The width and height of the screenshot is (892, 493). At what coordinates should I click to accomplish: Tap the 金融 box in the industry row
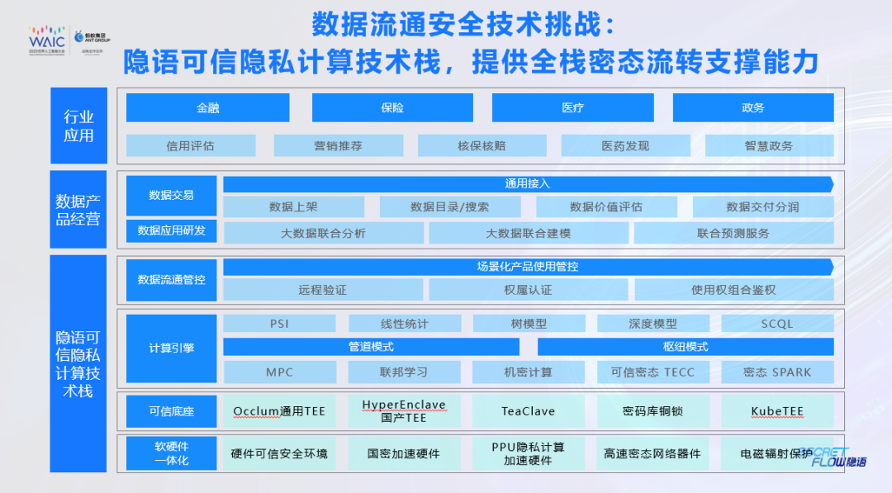(x=207, y=108)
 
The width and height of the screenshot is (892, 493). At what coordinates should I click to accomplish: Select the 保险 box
(x=392, y=108)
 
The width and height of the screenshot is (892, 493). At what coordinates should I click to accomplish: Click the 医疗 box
(x=572, y=108)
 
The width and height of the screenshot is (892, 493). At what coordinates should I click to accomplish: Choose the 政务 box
(x=752, y=108)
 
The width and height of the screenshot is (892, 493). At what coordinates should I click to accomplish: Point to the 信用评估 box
(x=190, y=146)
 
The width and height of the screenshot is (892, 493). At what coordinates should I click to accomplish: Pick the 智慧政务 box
(x=768, y=146)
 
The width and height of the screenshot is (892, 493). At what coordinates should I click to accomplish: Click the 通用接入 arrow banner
(x=527, y=183)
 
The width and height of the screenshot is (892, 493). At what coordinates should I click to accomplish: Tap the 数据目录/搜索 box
(x=449, y=206)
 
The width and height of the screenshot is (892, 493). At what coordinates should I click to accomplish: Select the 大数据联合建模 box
(x=528, y=233)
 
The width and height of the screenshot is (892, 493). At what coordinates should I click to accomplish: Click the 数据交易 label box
(x=171, y=196)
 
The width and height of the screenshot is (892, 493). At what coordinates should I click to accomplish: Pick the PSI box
(x=279, y=324)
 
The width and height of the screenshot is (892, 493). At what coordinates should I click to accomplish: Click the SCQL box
(x=776, y=324)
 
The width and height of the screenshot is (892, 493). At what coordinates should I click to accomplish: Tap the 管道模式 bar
(x=371, y=347)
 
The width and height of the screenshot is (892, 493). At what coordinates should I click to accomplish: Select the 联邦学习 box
(x=404, y=372)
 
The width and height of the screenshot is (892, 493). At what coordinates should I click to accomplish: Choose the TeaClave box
(x=528, y=411)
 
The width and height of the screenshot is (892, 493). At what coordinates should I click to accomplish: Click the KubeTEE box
(x=776, y=411)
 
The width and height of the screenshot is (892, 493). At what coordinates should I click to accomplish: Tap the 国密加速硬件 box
(x=404, y=453)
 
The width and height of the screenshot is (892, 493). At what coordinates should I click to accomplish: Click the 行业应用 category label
(x=78, y=126)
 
